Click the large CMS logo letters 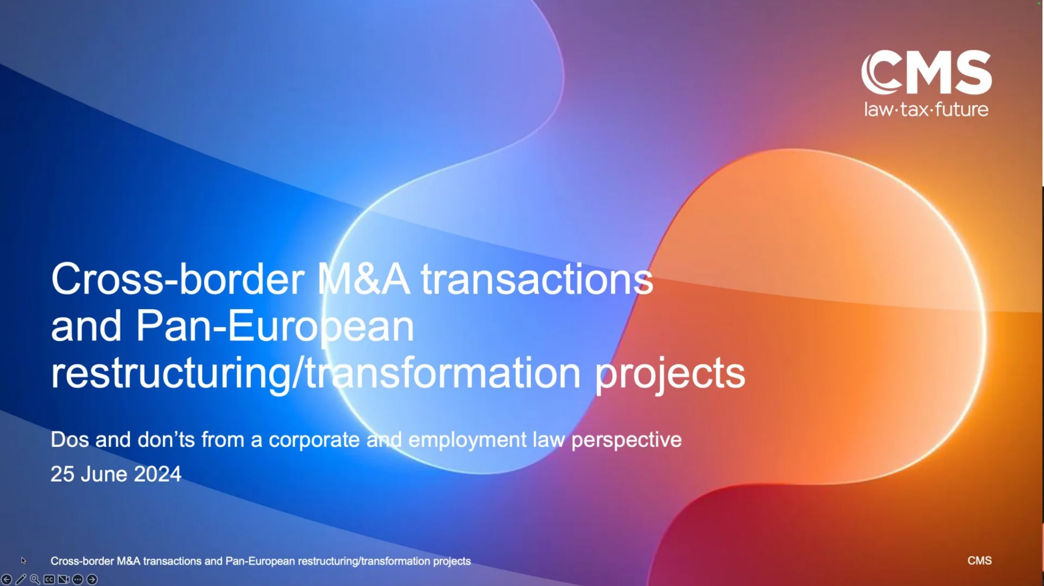tap(927, 72)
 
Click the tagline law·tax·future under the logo tap(927, 109)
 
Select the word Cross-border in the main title tap(178, 279)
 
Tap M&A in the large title tap(363, 279)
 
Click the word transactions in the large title tap(537, 279)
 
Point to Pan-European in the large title tap(275, 326)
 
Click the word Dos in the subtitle tap(70, 439)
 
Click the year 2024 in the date tap(158, 474)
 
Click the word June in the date tap(104, 474)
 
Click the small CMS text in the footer tap(979, 560)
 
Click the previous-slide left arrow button tap(7, 579)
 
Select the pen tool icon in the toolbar tap(21, 579)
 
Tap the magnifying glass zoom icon tap(35, 579)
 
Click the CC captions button tap(49, 579)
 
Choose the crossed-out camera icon tap(64, 579)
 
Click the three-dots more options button tap(78, 579)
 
